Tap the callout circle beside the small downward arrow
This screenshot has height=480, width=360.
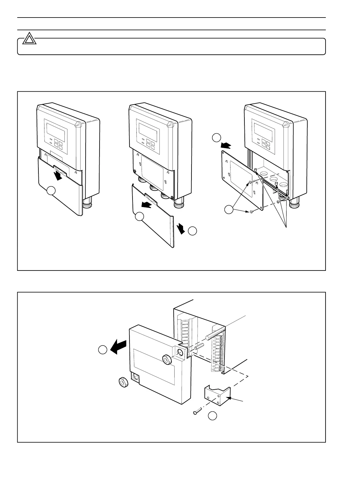pyautogui.click(x=192, y=231)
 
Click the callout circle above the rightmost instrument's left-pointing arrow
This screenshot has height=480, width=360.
pyautogui.click(x=216, y=138)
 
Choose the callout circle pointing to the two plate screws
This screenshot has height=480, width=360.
pyautogui.click(x=229, y=209)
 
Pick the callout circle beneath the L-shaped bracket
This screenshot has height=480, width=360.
pyautogui.click(x=213, y=416)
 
